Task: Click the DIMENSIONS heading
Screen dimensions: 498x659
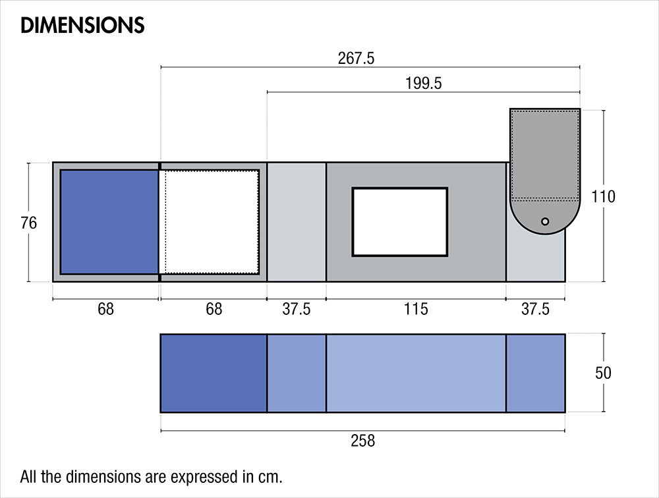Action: click(82, 25)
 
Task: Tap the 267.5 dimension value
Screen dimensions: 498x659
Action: click(356, 58)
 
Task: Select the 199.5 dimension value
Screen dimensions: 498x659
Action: click(424, 84)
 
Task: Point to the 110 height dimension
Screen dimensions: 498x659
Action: click(603, 196)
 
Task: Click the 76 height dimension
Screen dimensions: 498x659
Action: click(28, 223)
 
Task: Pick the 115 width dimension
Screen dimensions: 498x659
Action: click(416, 309)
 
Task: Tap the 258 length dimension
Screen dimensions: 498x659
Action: click(362, 441)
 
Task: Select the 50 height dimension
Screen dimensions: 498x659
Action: click(603, 373)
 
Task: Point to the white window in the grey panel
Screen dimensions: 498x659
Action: click(400, 222)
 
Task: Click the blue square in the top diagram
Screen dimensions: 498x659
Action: click(109, 221)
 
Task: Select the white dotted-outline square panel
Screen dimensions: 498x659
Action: click(211, 221)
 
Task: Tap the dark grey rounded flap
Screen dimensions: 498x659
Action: click(544, 158)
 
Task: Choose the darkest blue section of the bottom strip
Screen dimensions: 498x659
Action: click(214, 373)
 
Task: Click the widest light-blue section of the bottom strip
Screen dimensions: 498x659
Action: click(416, 373)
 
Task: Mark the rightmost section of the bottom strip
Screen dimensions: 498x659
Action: click(536, 373)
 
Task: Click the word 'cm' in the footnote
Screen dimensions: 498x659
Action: click(272, 476)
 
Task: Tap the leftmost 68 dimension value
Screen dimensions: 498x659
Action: click(105, 309)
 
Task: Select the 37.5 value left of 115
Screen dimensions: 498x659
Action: click(297, 309)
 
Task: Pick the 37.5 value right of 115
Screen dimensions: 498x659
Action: click(535, 309)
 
